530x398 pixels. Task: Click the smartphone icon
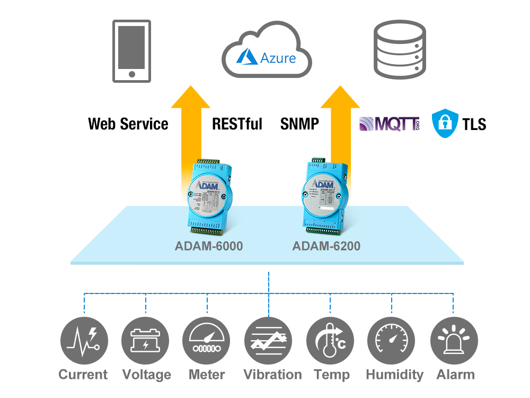[131, 51]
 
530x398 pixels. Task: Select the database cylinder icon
[400, 49]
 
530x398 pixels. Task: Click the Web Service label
[128, 124]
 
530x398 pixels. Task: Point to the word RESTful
[237, 124]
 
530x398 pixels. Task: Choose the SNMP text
[299, 124]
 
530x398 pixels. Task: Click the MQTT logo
[389, 124]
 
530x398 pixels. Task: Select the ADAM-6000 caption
[209, 246]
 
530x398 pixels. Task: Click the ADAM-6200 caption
[326, 246]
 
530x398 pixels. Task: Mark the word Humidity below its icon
[394, 375]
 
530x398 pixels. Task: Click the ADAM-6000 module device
[208, 196]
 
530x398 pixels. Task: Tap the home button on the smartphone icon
[131, 74]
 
